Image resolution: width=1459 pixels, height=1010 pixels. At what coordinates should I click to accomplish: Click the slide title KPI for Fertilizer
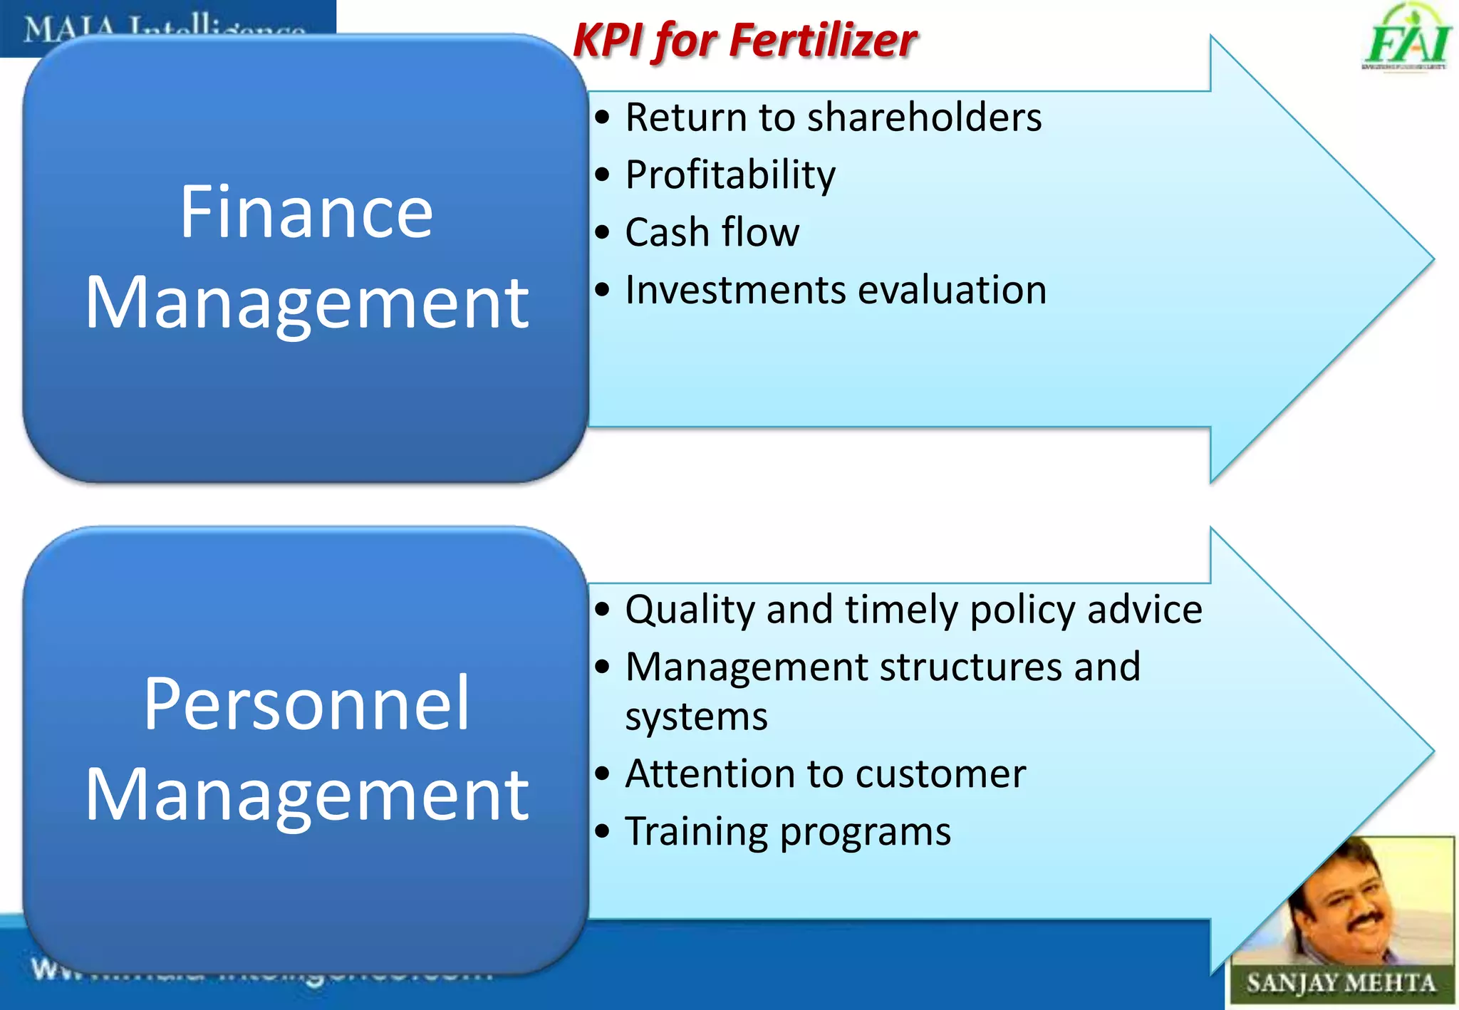pos(744,40)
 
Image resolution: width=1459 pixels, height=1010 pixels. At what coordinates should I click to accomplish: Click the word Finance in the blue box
pos(306,212)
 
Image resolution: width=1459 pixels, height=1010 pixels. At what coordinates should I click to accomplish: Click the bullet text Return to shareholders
pos(833,118)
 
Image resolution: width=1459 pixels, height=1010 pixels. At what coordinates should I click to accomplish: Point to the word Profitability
pos(730,175)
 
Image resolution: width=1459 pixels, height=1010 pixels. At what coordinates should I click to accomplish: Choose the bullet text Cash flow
pos(712,233)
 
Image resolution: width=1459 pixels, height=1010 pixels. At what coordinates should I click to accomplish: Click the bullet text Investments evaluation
pos(836,291)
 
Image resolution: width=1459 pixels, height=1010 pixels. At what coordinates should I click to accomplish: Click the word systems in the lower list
pos(696,717)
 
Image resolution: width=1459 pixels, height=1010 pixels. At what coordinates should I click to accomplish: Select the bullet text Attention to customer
pos(825,774)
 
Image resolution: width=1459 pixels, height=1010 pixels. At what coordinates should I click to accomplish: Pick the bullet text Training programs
pos(787,832)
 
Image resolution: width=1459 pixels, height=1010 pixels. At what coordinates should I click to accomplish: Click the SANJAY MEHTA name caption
pos(1341,984)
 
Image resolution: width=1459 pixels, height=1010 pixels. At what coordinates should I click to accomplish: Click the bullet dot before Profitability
pos(603,175)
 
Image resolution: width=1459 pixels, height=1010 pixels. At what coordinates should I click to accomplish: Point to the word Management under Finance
pos(306,303)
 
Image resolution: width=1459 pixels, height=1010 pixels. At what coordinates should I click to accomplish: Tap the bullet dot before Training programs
pos(603,831)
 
